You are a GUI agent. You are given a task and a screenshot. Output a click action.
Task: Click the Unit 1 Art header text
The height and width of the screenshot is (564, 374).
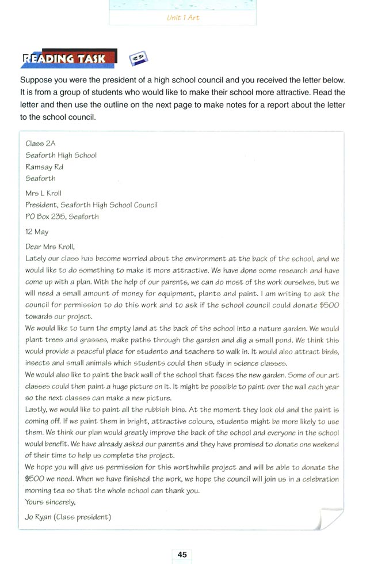(182, 18)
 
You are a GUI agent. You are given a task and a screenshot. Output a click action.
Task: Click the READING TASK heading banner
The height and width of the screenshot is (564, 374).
(64, 59)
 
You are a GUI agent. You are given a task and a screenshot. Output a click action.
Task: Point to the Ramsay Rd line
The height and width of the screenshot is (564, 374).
(44, 166)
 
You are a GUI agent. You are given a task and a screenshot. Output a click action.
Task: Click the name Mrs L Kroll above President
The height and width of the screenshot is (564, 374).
(43, 193)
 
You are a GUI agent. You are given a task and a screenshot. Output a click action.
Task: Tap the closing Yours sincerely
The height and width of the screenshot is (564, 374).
(51, 502)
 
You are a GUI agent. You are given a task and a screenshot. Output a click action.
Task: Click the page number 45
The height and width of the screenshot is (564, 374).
(182, 554)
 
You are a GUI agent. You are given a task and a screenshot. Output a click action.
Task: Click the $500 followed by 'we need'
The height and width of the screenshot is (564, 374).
(35, 479)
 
